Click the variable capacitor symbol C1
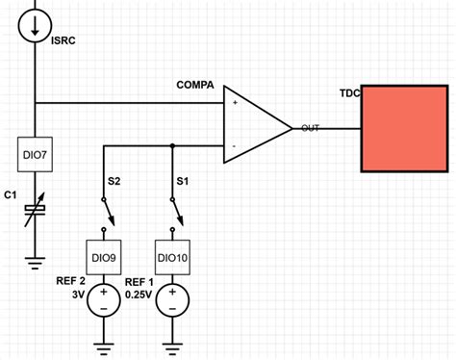[36, 209]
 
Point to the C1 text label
[11, 195]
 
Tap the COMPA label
[195, 86]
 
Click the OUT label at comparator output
[310, 128]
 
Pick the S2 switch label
[114, 180]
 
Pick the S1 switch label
[182, 180]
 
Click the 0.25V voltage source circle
[172, 301]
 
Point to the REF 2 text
[69, 281]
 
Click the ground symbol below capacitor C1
[36, 258]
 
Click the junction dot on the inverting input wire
[172, 146]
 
